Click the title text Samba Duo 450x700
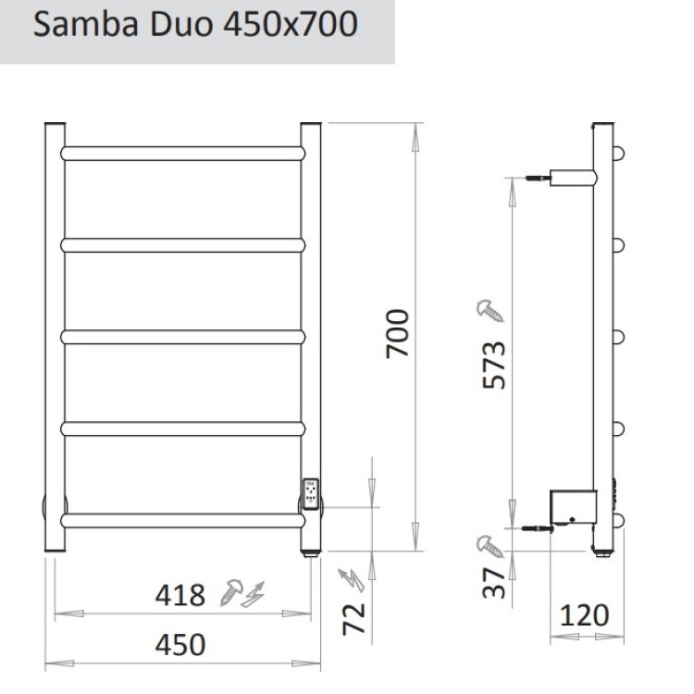tap(195, 25)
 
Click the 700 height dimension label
tap(397, 335)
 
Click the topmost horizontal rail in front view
tap(183, 153)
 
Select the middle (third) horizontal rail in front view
tap(183, 336)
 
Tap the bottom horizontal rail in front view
tap(183, 520)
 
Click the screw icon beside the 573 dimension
tap(490, 309)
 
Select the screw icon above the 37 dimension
tap(490, 545)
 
